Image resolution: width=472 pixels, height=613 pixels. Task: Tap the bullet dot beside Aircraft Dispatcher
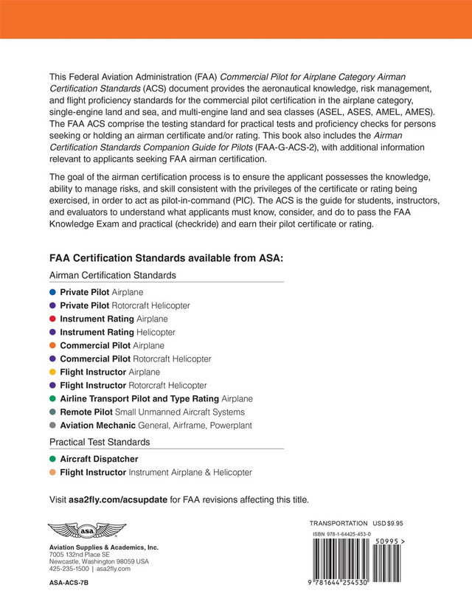52,459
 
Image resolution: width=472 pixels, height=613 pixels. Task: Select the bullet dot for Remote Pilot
52,412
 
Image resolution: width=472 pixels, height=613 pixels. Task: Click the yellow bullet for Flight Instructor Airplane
52,372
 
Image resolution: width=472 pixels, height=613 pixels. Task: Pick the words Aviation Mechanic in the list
98,426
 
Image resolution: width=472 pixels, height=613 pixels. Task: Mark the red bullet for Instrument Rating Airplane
52,319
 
